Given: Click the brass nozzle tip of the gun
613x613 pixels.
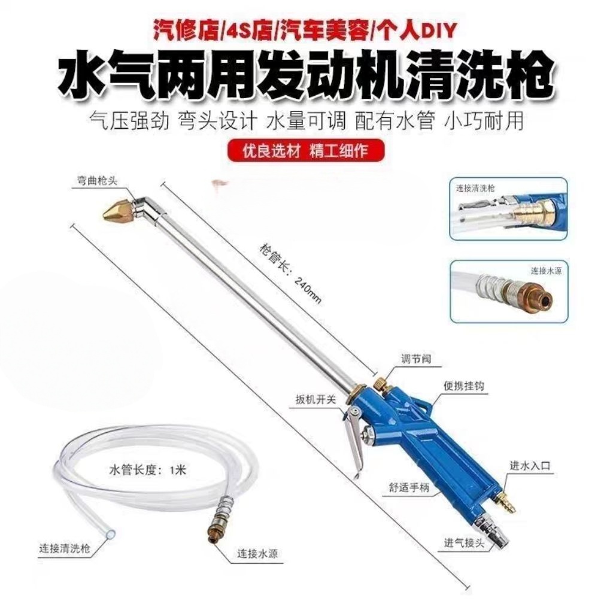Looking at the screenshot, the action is (116, 210).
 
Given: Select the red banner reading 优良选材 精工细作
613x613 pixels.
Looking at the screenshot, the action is (306, 151).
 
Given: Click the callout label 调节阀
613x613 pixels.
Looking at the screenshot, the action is (417, 359).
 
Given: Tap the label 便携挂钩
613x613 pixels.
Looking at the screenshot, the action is (465, 386).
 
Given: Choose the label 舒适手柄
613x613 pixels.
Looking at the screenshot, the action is (409, 487).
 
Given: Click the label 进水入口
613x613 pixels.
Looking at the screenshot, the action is (530, 465).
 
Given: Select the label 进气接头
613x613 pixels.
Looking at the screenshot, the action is (465, 543).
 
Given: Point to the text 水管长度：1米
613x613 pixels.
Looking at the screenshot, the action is (148, 469).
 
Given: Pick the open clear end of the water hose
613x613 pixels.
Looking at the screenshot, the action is (111, 533).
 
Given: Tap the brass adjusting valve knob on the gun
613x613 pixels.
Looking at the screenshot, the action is (381, 383).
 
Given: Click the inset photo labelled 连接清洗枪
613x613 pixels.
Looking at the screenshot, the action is (508, 208).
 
